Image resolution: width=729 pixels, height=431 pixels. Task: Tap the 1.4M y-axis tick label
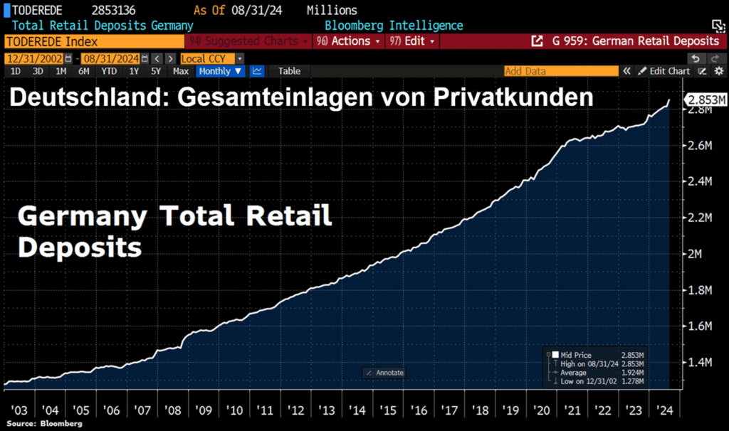698,363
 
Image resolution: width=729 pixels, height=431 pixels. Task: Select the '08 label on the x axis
172,410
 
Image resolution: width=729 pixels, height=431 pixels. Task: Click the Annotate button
384,373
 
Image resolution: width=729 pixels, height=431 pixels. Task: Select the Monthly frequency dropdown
220,71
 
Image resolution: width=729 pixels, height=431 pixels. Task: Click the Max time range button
181,71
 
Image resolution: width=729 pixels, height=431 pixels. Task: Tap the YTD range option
109,71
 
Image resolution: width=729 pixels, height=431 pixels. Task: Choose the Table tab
289,71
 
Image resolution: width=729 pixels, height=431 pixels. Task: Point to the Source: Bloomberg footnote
43,424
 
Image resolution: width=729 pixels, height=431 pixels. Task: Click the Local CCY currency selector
211,58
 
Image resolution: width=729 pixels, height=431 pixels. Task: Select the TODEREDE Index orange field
93,41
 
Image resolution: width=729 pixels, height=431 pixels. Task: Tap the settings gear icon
718,71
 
